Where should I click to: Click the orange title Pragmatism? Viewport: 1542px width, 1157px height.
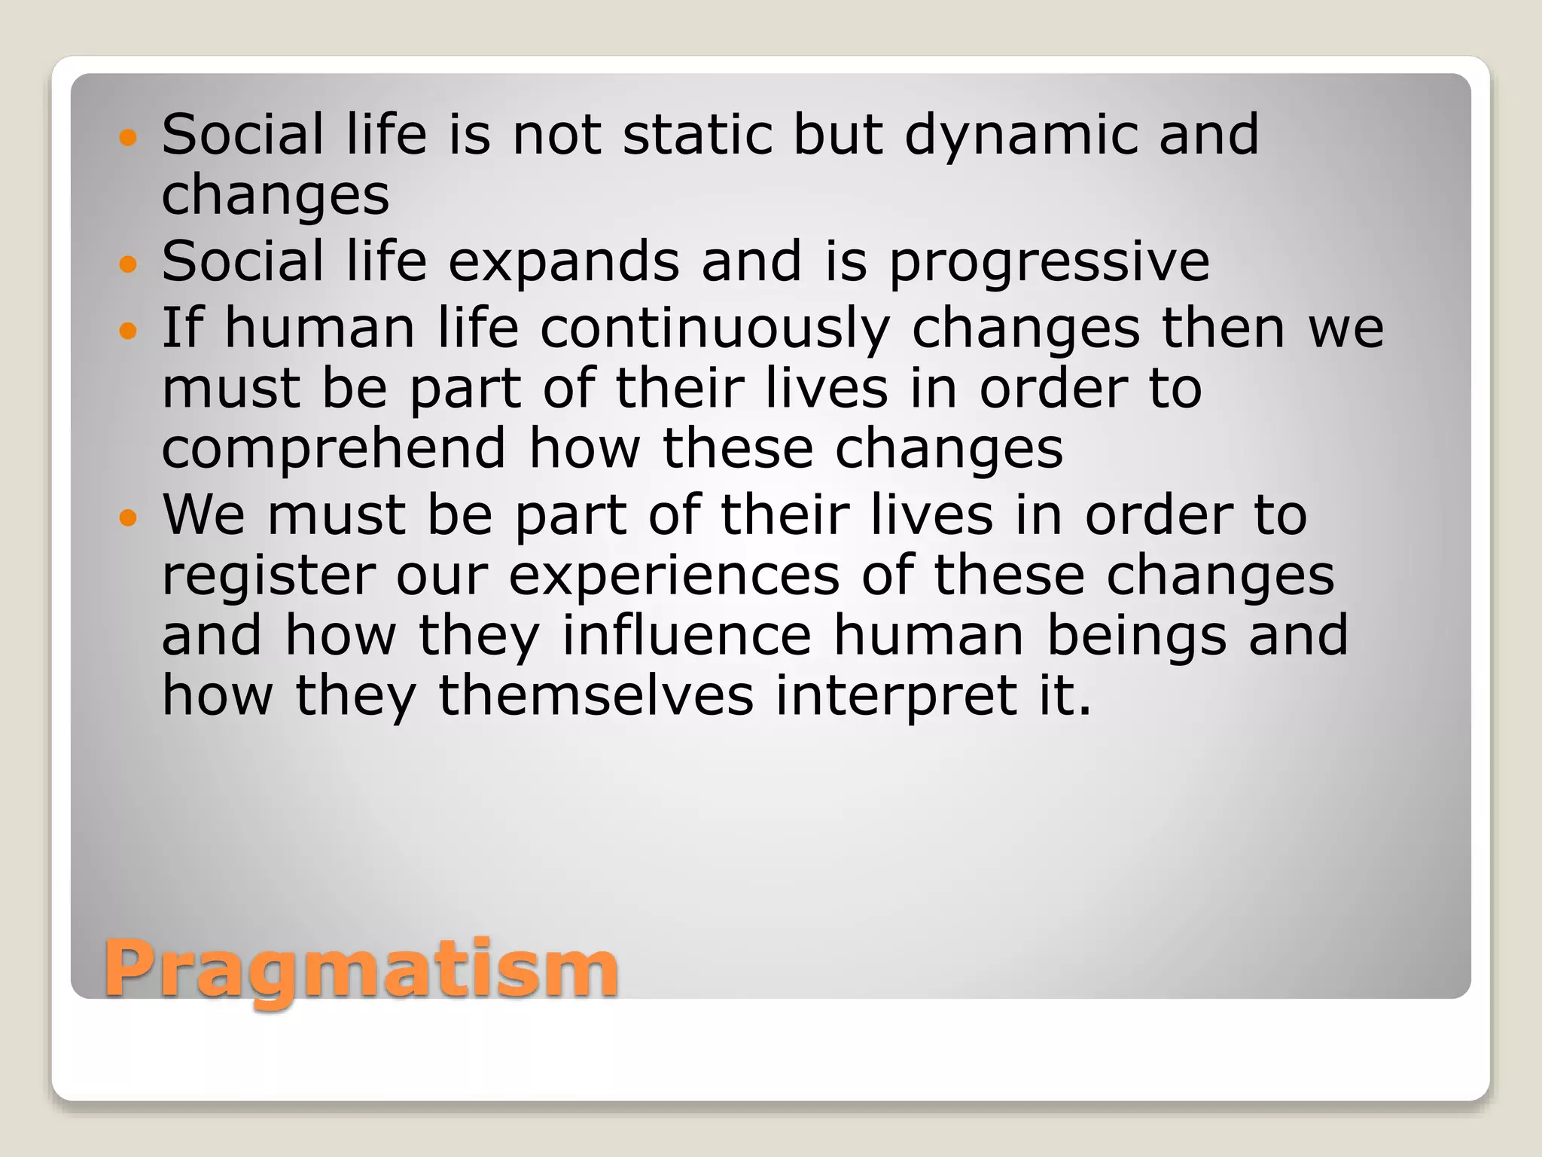click(361, 969)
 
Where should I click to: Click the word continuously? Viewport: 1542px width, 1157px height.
click(715, 330)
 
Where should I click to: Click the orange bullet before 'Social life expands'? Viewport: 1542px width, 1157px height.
click(129, 264)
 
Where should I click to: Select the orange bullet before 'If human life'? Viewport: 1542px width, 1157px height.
click(129, 330)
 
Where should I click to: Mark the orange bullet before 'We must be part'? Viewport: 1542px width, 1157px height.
click(129, 517)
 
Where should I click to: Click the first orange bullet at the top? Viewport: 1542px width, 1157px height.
click(129, 137)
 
